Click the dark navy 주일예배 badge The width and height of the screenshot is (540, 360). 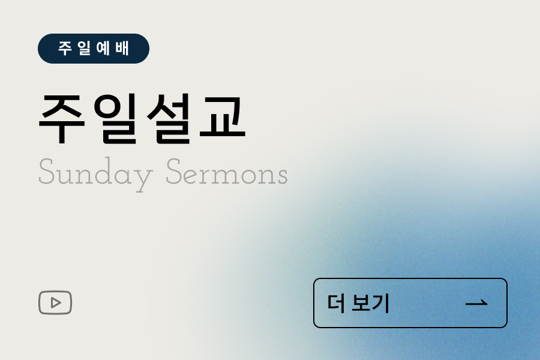(x=93, y=49)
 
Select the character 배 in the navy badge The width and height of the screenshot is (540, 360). (x=122, y=49)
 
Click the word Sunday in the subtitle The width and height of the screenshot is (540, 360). (x=95, y=174)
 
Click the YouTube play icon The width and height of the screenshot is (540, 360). (x=55, y=302)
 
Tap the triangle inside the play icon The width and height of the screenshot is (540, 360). (x=56, y=302)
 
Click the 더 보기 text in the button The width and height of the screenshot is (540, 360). (x=359, y=303)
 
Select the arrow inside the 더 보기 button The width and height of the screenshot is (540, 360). (x=476, y=303)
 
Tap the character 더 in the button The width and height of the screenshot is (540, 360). (x=336, y=303)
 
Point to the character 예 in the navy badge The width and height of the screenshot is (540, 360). (x=103, y=49)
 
